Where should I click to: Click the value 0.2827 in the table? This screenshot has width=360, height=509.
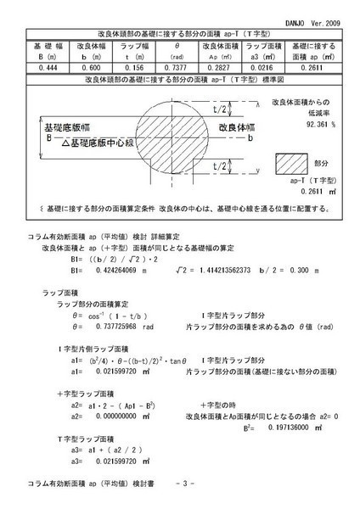click(x=223, y=65)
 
